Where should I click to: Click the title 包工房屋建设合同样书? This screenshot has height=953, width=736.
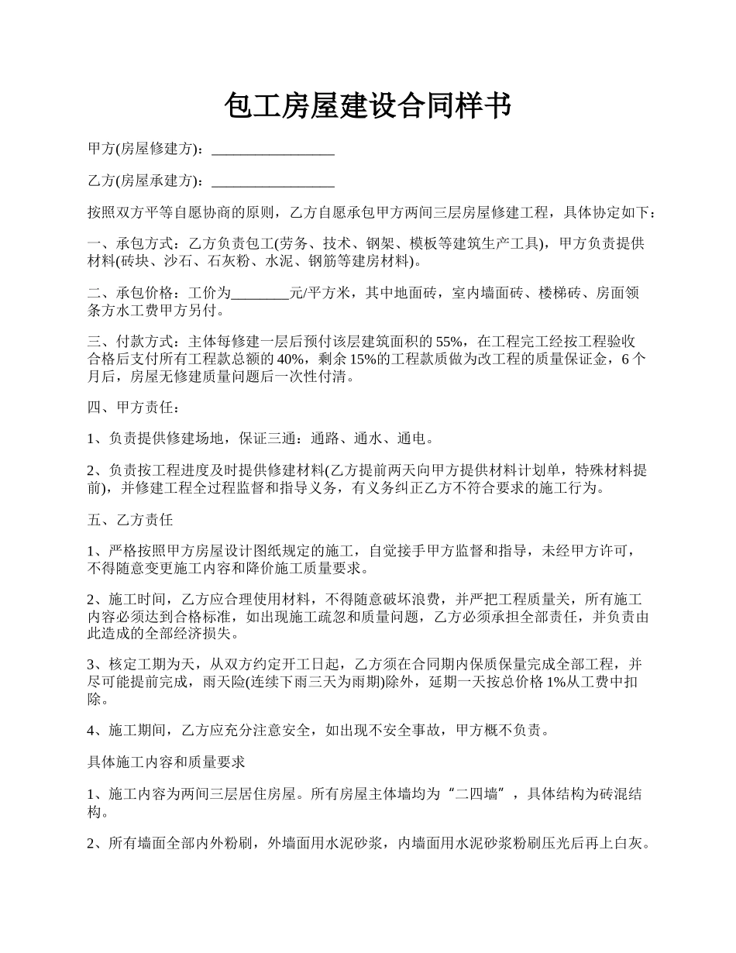(367, 105)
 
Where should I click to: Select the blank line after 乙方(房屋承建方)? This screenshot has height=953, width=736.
(273, 181)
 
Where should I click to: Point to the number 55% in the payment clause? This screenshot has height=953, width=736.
(449, 342)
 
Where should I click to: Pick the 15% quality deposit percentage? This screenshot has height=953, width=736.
(363, 360)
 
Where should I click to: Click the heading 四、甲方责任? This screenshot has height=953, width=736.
(133, 408)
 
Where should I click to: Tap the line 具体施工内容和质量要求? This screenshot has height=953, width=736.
(167, 762)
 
